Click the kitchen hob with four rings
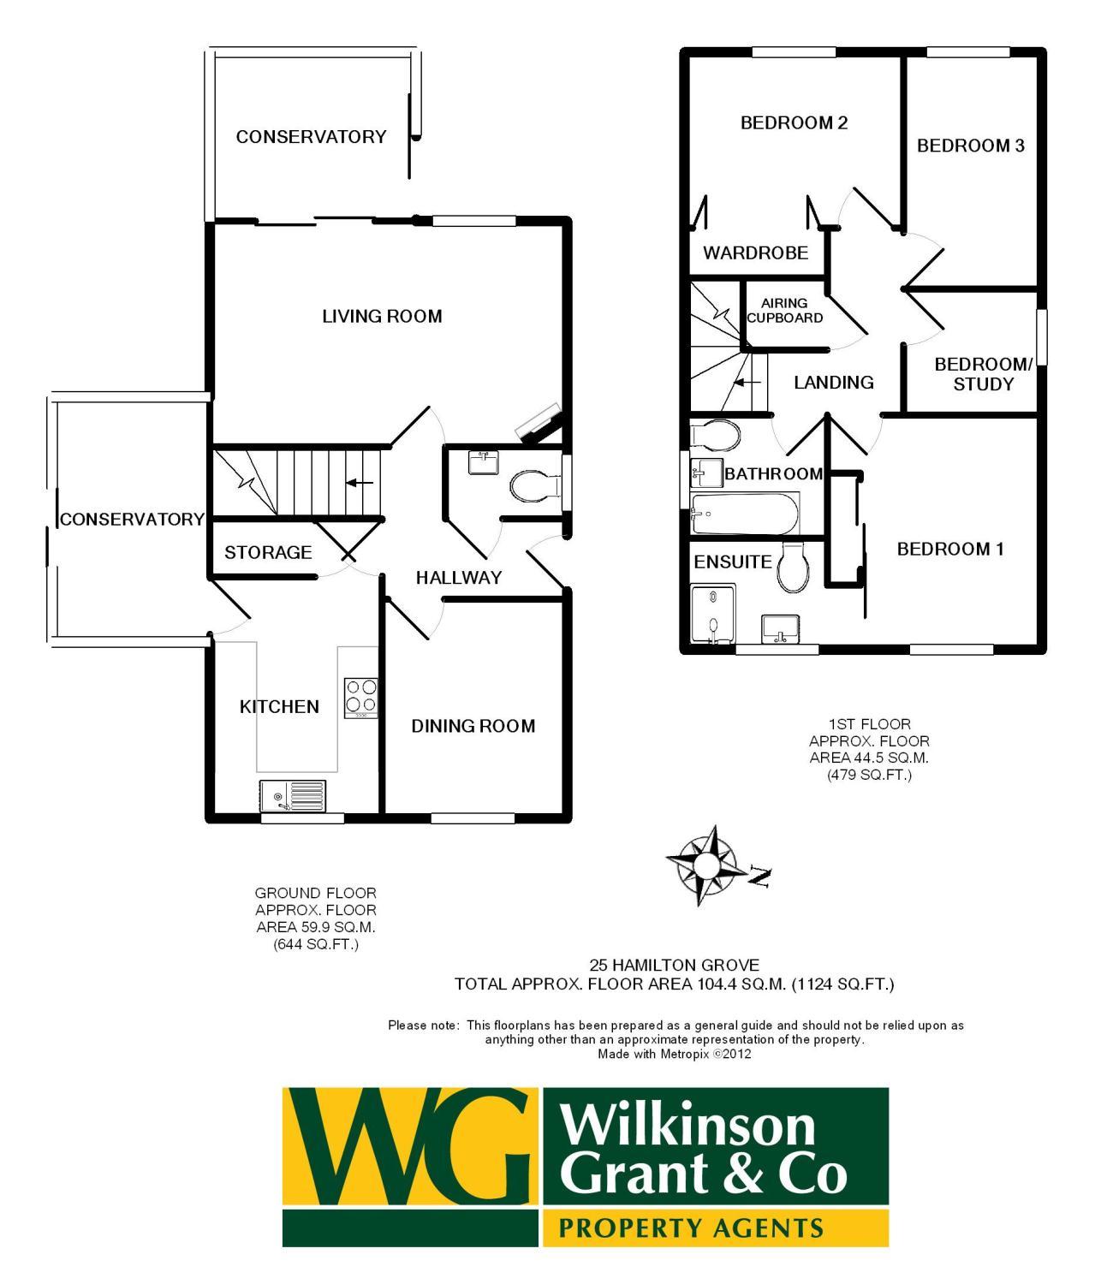point(361,698)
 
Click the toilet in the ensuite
point(794,568)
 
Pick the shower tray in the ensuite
point(712,613)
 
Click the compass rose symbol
point(705,865)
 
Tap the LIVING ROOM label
point(382,316)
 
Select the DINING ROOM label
point(473,726)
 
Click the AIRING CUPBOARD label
point(784,311)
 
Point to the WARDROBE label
point(755,253)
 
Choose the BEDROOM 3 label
point(970,146)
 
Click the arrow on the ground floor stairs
point(360,483)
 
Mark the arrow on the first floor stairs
point(747,382)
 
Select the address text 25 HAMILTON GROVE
point(674,966)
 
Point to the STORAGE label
point(268,552)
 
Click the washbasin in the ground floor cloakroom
point(484,463)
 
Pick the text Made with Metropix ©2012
point(674,1054)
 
